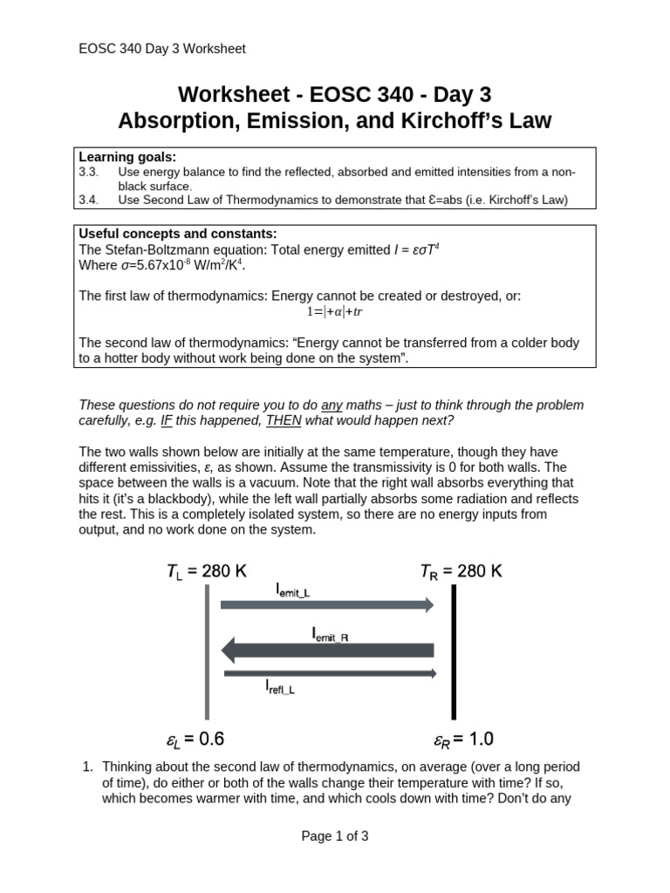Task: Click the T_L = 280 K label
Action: click(207, 571)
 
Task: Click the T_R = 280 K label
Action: click(461, 571)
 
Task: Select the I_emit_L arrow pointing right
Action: click(326, 604)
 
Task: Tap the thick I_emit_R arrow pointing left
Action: click(328, 650)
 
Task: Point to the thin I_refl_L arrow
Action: click(330, 672)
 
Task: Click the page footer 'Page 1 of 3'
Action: click(335, 835)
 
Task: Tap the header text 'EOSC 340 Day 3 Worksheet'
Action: click(162, 49)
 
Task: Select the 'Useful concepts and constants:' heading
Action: click(178, 234)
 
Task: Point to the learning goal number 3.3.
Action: click(89, 172)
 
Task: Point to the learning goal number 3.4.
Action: click(89, 200)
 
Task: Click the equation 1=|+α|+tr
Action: click(334, 311)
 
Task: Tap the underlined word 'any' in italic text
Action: click(332, 406)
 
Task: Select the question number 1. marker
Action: click(87, 767)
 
